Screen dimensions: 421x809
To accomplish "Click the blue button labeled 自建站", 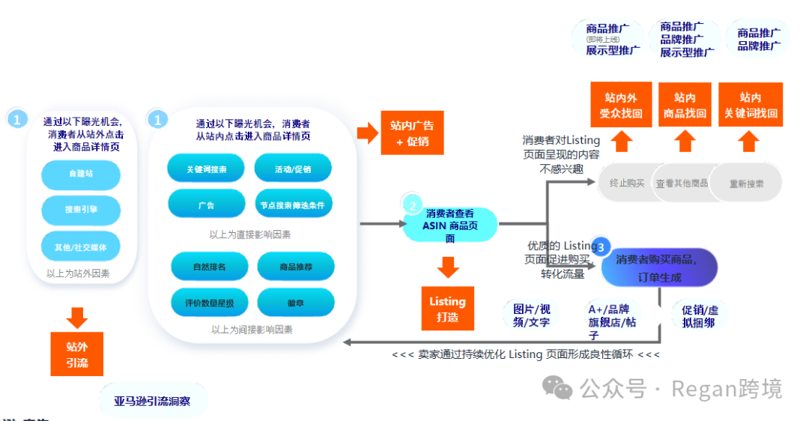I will point(81,174).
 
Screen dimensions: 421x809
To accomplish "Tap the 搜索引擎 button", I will point(81,210).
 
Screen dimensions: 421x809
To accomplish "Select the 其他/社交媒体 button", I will point(81,246).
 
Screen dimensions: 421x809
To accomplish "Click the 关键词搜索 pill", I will point(206,169).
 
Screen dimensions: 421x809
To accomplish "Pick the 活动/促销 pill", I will point(293,169).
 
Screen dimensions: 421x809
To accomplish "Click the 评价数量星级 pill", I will point(210,303).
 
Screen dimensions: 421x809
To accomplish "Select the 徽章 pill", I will point(295,303).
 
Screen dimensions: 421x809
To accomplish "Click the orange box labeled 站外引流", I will point(76,354).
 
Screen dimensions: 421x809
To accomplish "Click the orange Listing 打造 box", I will point(447,309).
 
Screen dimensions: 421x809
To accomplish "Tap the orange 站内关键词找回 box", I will point(751,105).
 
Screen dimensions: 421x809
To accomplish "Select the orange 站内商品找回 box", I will point(685,105).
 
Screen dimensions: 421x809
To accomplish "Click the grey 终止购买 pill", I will point(627,183).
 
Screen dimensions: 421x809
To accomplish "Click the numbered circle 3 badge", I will point(602,246).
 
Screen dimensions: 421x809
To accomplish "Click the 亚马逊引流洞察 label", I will point(153,402).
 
